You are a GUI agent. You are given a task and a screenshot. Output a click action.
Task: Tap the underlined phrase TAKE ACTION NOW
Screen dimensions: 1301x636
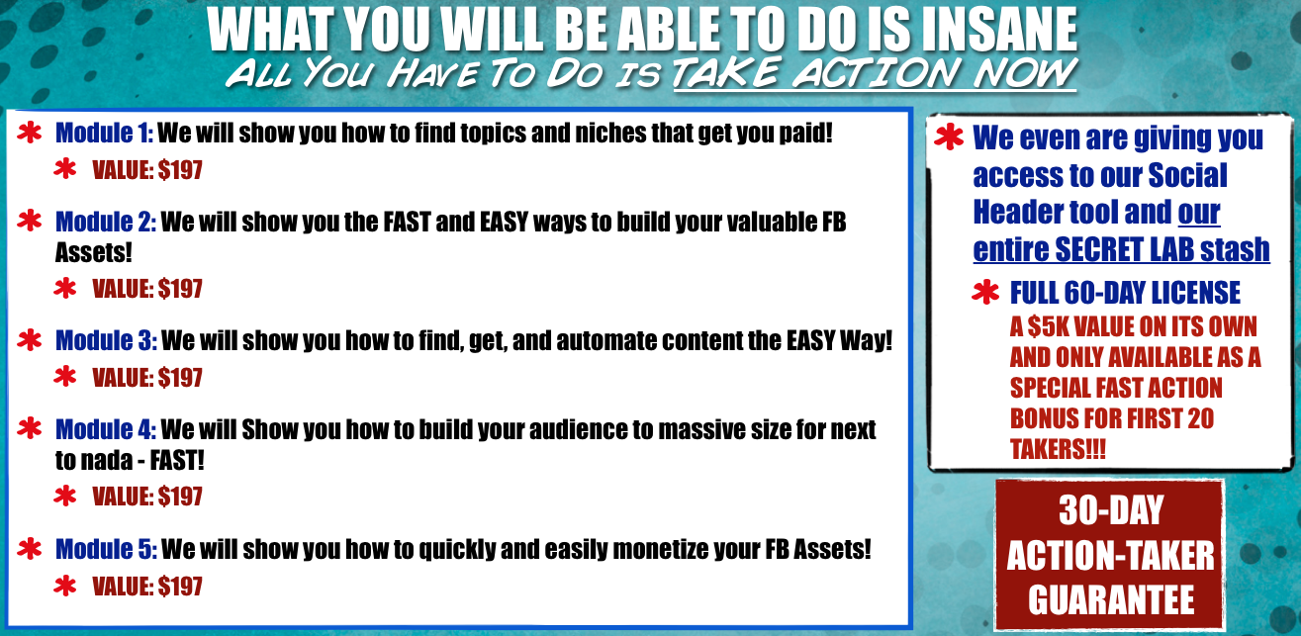[875, 74]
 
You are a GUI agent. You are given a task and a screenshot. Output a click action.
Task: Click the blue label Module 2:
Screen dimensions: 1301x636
[106, 222]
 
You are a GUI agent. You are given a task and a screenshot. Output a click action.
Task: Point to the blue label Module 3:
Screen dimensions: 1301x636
[106, 340]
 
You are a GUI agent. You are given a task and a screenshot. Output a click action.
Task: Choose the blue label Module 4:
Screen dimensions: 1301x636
[106, 430]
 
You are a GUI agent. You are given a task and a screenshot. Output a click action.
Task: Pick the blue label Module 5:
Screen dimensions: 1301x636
[106, 549]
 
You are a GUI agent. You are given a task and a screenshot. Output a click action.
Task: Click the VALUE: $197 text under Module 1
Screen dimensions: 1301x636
[147, 170]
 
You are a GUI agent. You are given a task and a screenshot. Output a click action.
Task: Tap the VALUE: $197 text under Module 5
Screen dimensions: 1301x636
[147, 586]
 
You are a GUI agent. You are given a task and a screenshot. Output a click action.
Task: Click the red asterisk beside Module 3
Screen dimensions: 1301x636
[30, 340]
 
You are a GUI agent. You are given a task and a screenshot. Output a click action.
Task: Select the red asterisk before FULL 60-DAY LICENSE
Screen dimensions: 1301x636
[985, 292]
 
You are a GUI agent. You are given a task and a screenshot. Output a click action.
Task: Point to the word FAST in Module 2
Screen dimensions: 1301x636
[408, 222]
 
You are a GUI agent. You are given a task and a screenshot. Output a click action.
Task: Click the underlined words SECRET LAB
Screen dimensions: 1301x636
[1124, 250]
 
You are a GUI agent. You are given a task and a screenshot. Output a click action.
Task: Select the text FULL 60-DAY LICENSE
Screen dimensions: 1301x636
[1126, 292]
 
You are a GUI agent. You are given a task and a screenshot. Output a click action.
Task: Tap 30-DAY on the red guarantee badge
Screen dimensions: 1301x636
[1111, 510]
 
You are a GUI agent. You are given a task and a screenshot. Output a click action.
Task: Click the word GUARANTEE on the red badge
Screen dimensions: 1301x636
[1111, 599]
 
